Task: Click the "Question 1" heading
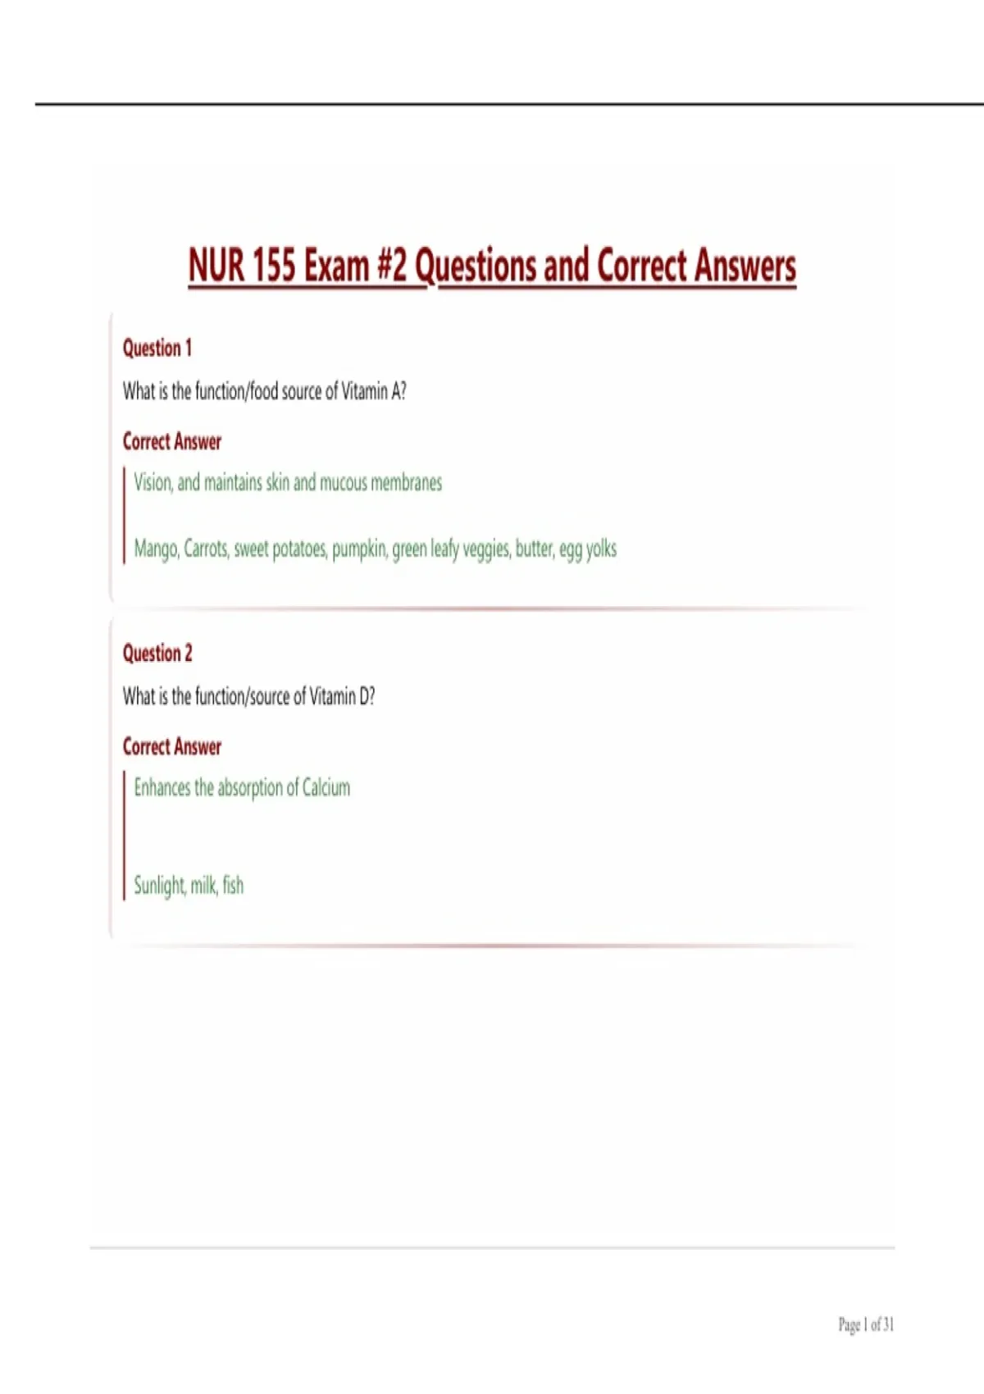[x=157, y=348]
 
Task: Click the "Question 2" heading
[x=157, y=654]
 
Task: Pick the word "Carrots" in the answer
[x=206, y=549]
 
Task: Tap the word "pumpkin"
[x=358, y=549]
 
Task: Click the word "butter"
[x=534, y=549]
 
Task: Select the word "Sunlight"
[x=160, y=886]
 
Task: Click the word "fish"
[x=233, y=886]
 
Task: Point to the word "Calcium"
[x=326, y=788]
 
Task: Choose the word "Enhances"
[x=162, y=788]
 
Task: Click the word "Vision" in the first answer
[x=153, y=482]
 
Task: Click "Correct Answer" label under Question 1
[x=172, y=442]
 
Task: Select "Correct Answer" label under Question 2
[x=172, y=747]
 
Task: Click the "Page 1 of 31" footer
[x=866, y=1324]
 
